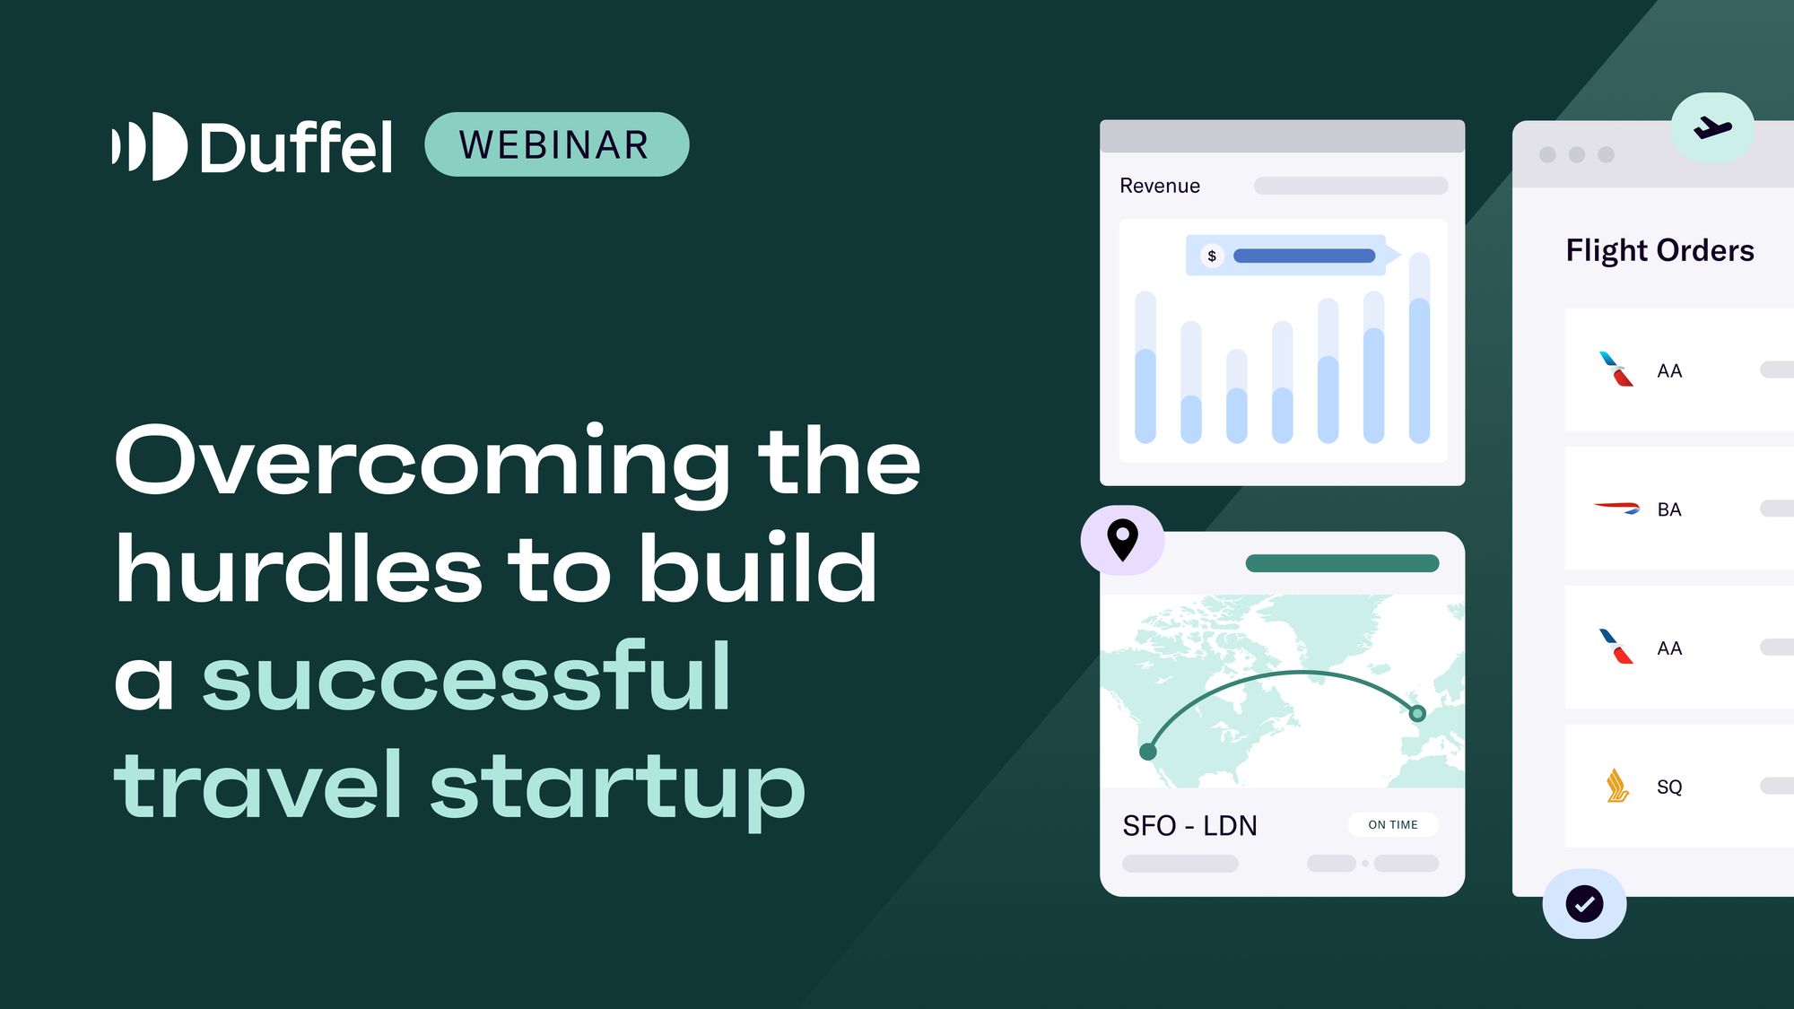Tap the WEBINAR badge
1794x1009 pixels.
coord(556,144)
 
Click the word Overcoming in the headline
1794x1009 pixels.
coord(422,462)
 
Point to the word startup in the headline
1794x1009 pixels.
coord(617,787)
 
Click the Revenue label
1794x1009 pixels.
coord(1159,186)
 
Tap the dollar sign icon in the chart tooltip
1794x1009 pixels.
coord(1212,256)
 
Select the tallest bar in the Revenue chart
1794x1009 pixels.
coord(1419,350)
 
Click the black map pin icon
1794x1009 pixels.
coord(1122,540)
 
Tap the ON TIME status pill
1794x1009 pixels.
coord(1392,824)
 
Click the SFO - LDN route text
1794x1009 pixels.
coord(1189,825)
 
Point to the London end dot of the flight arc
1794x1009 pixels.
coord(1417,714)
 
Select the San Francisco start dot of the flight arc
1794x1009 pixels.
coord(1147,752)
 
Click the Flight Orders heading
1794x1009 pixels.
coord(1659,250)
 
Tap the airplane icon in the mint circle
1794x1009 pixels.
coord(1712,127)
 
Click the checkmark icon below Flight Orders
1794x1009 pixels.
coord(1584,903)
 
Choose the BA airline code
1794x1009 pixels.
coord(1668,509)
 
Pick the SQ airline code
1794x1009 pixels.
coord(1668,787)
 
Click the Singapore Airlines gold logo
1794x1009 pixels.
coord(1616,786)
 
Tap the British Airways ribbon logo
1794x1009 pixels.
coord(1616,508)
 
